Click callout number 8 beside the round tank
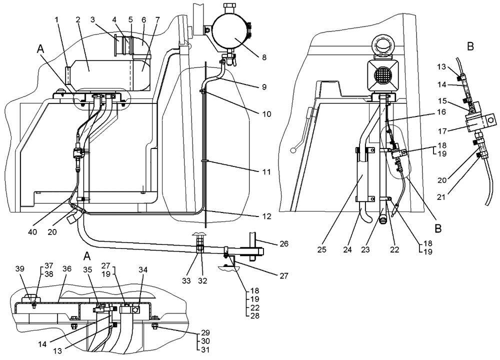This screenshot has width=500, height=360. [x=263, y=57]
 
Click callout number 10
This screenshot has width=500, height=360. [x=265, y=114]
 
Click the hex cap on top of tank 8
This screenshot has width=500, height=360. [x=230, y=8]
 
